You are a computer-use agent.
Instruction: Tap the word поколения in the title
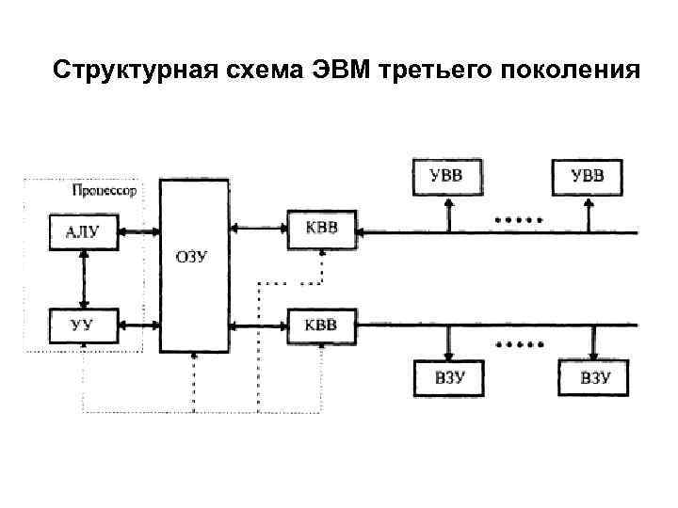click(573, 71)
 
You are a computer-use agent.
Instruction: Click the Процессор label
click(104, 190)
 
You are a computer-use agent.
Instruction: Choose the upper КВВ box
click(322, 230)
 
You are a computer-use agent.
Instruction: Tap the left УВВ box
click(446, 175)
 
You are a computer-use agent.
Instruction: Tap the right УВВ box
click(589, 175)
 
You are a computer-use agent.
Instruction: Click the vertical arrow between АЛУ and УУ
click(85, 279)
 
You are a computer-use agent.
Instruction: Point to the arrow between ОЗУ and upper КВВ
click(258, 228)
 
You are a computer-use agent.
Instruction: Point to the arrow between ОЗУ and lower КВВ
click(258, 326)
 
